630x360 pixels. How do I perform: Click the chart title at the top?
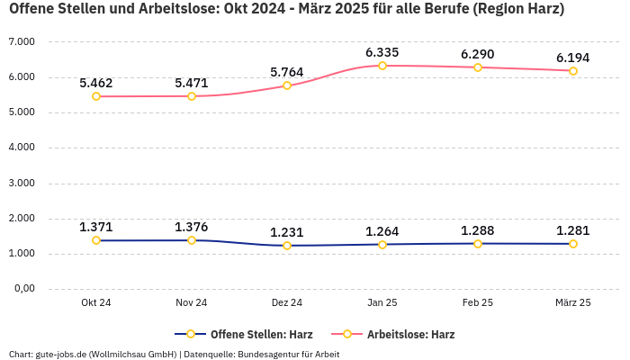(x=286, y=10)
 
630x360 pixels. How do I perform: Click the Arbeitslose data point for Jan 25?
(x=382, y=66)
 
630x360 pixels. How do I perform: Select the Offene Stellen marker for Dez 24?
(x=287, y=246)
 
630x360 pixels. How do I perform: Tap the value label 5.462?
(x=96, y=83)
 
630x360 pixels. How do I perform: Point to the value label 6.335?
(x=382, y=52)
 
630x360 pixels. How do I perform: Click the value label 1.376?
(x=192, y=227)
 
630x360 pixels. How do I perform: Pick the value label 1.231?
(x=287, y=231)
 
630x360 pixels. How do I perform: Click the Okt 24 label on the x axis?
(x=96, y=302)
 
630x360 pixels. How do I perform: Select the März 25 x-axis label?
(x=573, y=302)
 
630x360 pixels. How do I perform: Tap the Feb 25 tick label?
(x=478, y=302)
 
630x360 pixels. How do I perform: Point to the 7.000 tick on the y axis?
(x=21, y=42)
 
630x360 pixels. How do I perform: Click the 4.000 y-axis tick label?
(x=21, y=148)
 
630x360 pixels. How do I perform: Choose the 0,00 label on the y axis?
(x=22, y=289)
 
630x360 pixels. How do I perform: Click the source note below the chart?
(x=174, y=354)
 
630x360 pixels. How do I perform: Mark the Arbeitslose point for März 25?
(x=573, y=71)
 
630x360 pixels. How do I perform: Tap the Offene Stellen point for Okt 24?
(x=96, y=240)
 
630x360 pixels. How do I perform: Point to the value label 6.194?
(x=573, y=58)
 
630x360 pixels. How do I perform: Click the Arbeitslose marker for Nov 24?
(x=192, y=96)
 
